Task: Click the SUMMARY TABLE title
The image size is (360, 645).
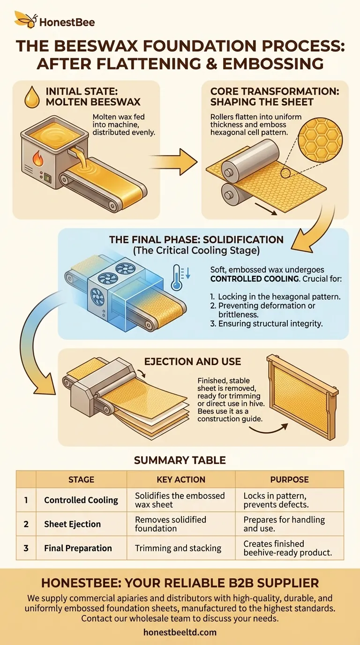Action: (180, 460)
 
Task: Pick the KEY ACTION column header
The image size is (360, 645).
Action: (181, 480)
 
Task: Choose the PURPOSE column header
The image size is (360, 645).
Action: (289, 480)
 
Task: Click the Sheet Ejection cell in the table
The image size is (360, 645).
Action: (72, 524)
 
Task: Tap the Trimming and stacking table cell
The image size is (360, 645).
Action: (178, 548)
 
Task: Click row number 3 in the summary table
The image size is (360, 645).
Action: (26, 548)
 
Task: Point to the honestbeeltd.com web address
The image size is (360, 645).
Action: (180, 632)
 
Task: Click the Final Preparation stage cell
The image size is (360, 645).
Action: (78, 548)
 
